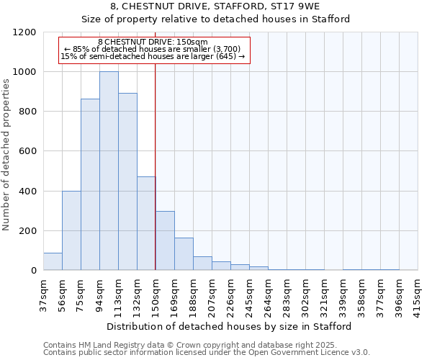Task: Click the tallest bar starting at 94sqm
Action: (x=109, y=171)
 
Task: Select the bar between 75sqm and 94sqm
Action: (x=90, y=184)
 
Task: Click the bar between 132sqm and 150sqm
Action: (x=146, y=223)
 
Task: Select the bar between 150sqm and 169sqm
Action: (x=165, y=240)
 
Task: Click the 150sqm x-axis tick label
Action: (x=156, y=293)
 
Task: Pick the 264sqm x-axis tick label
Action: (x=268, y=293)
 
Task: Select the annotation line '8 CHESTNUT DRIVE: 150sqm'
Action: (x=153, y=42)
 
